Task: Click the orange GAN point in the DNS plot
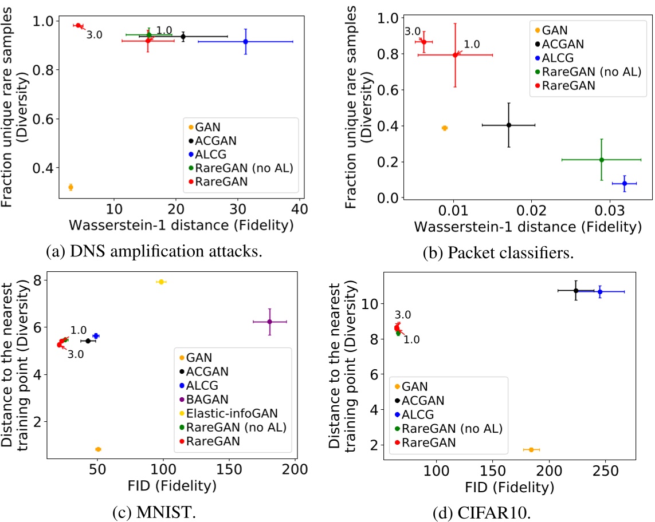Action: click(x=70, y=187)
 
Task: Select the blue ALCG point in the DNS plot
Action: click(x=245, y=41)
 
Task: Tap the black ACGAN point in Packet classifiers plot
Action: click(x=508, y=125)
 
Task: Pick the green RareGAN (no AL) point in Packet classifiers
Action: click(x=601, y=160)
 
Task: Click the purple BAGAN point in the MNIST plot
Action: click(x=269, y=322)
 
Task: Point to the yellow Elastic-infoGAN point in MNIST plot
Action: click(x=161, y=282)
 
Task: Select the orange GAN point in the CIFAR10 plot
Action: click(x=531, y=450)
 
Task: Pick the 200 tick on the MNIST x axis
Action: click(x=295, y=470)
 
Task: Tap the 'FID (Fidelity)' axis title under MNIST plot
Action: click(x=172, y=487)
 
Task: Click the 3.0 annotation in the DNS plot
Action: click(x=95, y=35)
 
